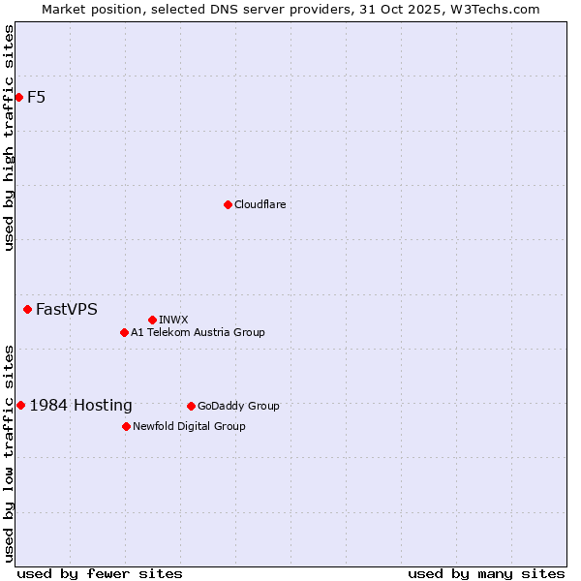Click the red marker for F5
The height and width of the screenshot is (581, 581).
coord(18,97)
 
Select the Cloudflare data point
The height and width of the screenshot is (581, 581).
coord(228,204)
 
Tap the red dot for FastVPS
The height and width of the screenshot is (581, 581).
coord(27,309)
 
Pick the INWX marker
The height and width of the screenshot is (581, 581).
coord(152,320)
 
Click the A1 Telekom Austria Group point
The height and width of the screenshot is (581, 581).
coord(124,332)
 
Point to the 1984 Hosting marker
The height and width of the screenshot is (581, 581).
coord(21,405)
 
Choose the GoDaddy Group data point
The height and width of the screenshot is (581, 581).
coord(191,406)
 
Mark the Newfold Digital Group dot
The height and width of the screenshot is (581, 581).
coord(126,426)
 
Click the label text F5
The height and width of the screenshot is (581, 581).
coord(36,97)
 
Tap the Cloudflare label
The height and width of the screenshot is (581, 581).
coord(260,204)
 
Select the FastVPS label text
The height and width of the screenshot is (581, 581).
coord(67,310)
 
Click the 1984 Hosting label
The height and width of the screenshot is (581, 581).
coord(81,406)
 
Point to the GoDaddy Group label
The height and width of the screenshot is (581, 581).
coord(238,406)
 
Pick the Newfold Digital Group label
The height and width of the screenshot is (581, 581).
coord(189,426)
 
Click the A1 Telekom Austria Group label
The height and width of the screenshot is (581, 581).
coord(198,332)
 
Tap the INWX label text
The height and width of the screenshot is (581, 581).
coord(173,320)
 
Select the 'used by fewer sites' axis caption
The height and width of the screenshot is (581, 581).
coord(100,573)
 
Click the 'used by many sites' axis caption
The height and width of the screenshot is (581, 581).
coord(486,573)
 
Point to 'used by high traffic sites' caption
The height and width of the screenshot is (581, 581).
coord(9,138)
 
